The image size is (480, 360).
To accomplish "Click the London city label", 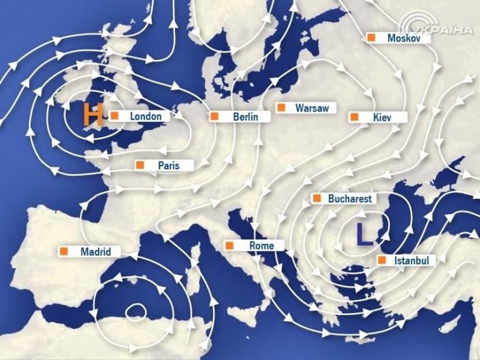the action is (x=146, y=116).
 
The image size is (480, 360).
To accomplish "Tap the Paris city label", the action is (x=168, y=165).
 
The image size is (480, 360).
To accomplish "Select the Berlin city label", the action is (x=245, y=117).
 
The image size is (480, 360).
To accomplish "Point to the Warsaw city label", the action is (x=312, y=108).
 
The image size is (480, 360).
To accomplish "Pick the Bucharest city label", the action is (x=349, y=199).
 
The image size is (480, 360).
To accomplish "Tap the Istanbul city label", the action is (x=411, y=261).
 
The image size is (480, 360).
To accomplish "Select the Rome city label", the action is (x=261, y=246).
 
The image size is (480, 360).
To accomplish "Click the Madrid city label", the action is (x=95, y=252).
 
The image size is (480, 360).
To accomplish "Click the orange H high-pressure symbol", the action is (x=92, y=115).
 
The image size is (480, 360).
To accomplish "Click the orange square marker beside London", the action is (x=115, y=116).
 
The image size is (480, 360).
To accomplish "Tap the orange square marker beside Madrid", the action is (x=65, y=251).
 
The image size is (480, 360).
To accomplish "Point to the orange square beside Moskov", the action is (x=372, y=38).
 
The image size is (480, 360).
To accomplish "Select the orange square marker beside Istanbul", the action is (x=381, y=260).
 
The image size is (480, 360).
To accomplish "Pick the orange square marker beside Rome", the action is (x=231, y=245).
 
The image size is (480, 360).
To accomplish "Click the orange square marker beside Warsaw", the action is (x=281, y=108).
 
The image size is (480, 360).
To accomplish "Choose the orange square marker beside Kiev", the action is (x=355, y=117).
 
